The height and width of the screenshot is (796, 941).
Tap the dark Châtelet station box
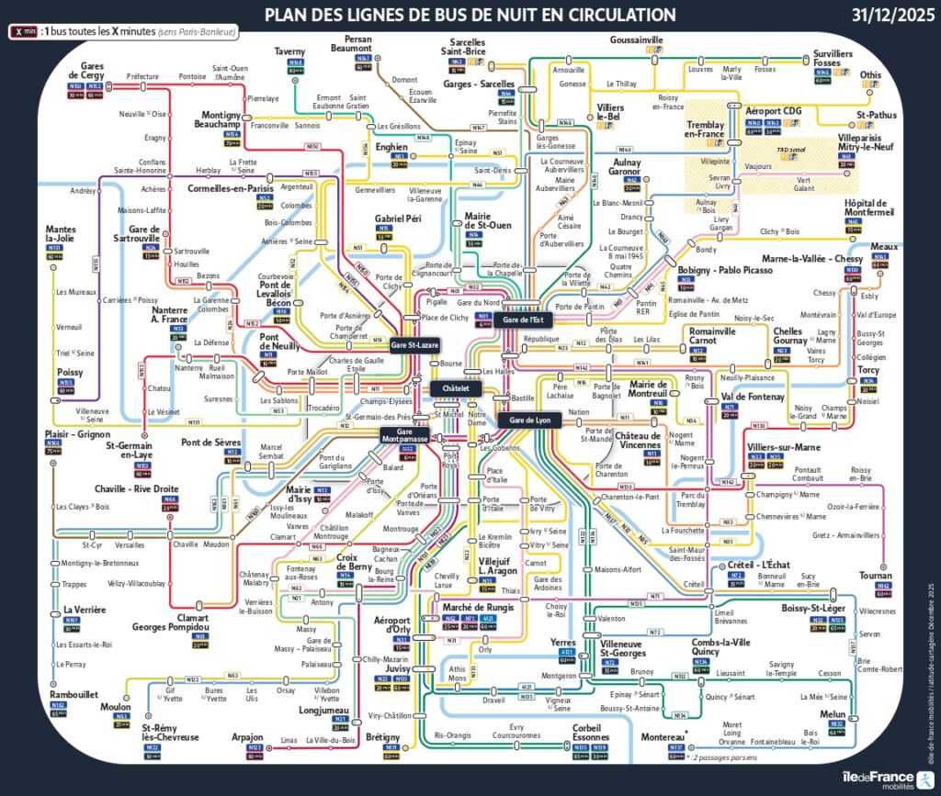456,388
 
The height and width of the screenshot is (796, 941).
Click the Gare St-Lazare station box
414,346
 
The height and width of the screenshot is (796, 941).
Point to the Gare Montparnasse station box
404,435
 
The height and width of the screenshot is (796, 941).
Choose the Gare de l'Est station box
525,320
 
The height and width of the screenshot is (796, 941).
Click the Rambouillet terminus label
74,694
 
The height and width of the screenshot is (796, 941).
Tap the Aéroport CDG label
773,111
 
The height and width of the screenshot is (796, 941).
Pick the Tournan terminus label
876,575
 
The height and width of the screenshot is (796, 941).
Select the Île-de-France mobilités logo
877,777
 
